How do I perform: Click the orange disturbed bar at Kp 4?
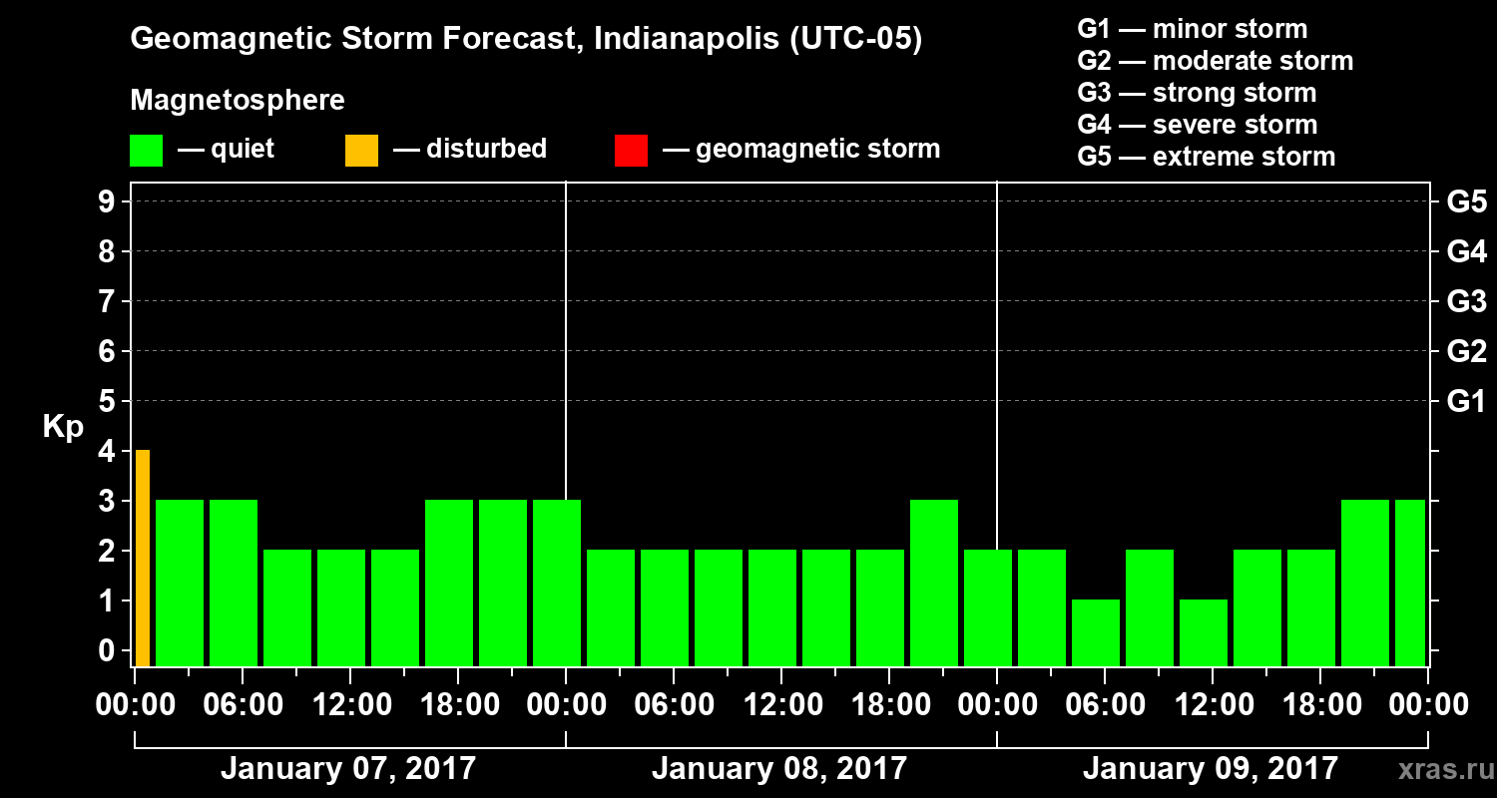pos(143,558)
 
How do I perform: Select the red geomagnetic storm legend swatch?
pos(631,151)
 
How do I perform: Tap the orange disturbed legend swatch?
pos(361,151)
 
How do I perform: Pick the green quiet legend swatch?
pos(146,151)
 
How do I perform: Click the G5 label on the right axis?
pos(1466,201)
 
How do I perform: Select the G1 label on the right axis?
pos(1466,402)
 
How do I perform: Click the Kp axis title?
pos(63,427)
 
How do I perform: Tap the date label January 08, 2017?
pos(779,769)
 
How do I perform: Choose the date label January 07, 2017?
pos(348,769)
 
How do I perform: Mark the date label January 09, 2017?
pos(1211,769)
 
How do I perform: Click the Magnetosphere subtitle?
pos(238,101)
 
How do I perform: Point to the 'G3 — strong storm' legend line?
pos(1197,93)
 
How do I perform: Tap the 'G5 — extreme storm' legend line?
pos(1206,157)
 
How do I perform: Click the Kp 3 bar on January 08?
pos(934,583)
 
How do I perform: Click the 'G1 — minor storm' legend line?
pos(1192,29)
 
